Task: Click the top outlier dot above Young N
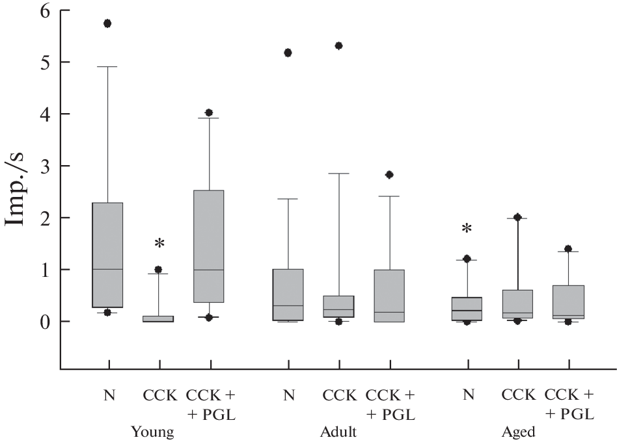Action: [x=108, y=23]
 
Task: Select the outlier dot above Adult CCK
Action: [x=338, y=45]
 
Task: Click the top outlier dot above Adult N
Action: [x=288, y=53]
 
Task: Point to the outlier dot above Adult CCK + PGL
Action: [x=389, y=174]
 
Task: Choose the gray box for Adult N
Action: [x=288, y=294]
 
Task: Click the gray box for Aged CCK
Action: [x=517, y=304]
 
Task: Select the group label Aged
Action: [x=518, y=432]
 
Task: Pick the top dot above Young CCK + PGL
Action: [x=209, y=112]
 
